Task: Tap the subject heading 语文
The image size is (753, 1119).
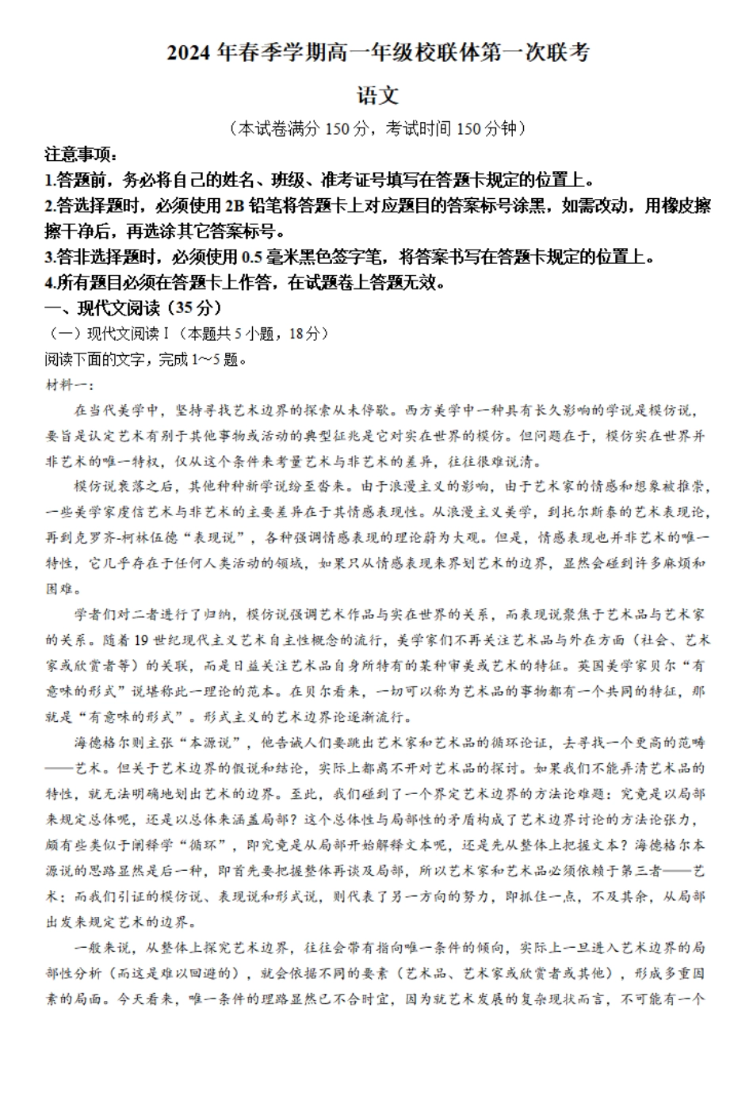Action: [376, 96]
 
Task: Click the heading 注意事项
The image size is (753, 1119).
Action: [80, 155]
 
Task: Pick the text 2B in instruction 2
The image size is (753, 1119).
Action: [235, 205]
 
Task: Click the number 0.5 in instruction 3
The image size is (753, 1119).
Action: [251, 257]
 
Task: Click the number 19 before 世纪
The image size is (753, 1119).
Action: [142, 640]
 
